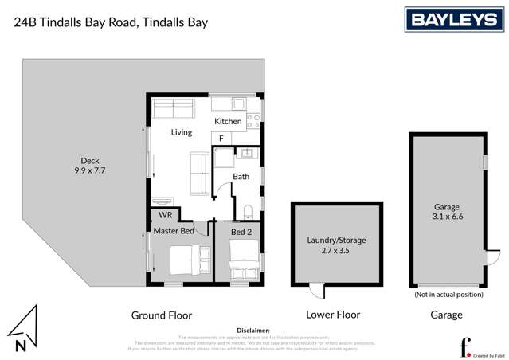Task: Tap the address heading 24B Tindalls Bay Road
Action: [x=112, y=22]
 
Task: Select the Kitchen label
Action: [x=227, y=121]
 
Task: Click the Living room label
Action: [x=182, y=132]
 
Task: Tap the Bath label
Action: [x=241, y=177]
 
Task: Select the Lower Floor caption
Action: [x=334, y=315]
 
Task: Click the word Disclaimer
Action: [x=254, y=330]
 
